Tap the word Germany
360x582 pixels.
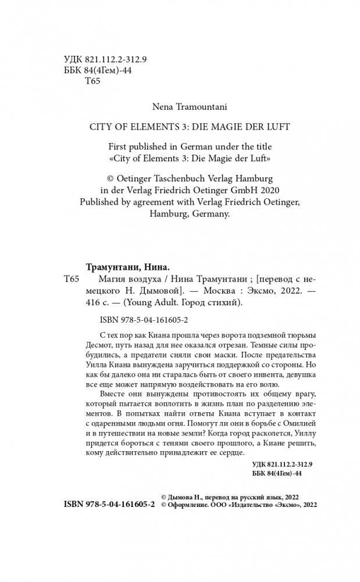211,213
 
